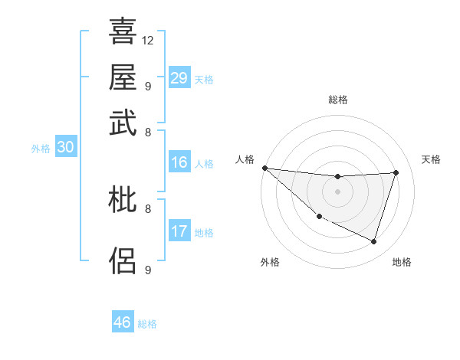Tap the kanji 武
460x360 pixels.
[123, 123]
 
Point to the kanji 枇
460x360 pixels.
[123, 201]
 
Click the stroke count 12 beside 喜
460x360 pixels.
[148, 40]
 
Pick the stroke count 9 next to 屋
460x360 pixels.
[147, 86]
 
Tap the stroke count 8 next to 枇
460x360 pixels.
[147, 208]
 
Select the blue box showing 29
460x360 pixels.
[179, 78]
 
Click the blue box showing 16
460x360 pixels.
[179, 162]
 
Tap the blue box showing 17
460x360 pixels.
[179, 231]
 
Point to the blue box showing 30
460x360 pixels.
[65, 148]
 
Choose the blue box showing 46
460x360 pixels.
[122, 322]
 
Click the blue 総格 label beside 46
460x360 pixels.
[147, 324]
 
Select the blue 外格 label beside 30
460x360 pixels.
[41, 149]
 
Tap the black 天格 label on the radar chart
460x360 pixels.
[432, 159]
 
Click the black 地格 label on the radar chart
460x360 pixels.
[402, 263]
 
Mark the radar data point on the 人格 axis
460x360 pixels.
[264, 168]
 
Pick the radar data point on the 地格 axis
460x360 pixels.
[374, 242]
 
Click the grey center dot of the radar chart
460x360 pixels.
[337, 191]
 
